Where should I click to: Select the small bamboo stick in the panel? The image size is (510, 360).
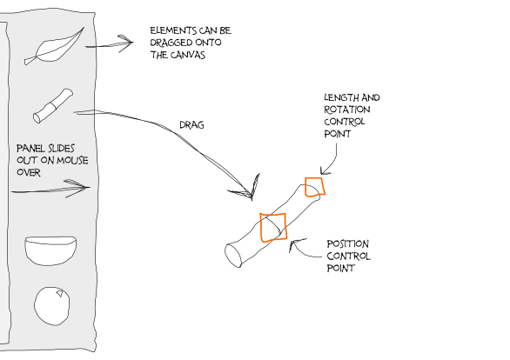point(53,106)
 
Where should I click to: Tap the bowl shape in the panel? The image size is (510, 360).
point(50,250)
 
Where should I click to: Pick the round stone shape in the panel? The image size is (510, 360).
point(51,306)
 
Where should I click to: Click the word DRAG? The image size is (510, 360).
point(191,125)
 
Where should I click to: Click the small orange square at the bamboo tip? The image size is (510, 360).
point(315,187)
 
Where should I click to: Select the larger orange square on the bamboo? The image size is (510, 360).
point(273,228)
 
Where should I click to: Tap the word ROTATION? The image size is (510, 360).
point(347,110)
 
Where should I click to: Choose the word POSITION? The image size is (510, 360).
point(348,244)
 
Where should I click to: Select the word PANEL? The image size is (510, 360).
point(30,149)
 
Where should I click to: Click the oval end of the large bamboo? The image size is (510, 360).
point(233,256)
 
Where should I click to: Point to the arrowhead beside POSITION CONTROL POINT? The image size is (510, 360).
point(293,243)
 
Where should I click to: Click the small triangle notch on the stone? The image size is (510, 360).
point(60,294)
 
